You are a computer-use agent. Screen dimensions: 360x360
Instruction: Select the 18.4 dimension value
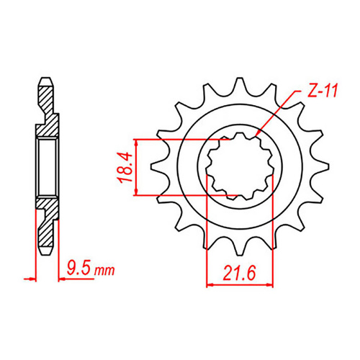pyautogui.click(x=123, y=166)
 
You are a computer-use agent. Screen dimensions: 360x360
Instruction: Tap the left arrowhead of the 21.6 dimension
pyautogui.click(x=209, y=286)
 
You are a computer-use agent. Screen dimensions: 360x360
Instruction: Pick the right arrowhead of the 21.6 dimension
pyautogui.click(x=274, y=286)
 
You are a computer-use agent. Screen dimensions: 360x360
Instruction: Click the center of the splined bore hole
pyautogui.click(x=240, y=166)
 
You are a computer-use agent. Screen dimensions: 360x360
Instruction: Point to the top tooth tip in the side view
pyautogui.click(x=45, y=78)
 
